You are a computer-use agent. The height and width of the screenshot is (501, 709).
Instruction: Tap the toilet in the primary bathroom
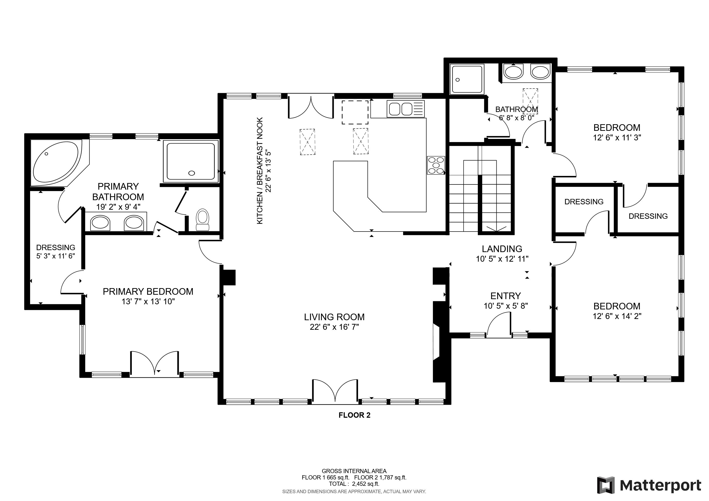point(203,220)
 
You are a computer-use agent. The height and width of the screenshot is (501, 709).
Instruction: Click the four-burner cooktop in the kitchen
point(436,166)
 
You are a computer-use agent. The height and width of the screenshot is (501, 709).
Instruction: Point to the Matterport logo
point(649,485)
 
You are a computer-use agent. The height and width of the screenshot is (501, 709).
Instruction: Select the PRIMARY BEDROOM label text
point(148,291)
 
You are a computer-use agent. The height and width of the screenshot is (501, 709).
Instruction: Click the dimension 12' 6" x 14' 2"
point(617,316)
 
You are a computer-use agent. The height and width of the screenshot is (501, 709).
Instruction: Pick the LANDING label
point(502,249)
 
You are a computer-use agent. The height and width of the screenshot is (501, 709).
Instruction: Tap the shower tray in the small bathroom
point(467,79)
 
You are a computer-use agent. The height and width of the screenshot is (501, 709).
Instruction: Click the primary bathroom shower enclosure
point(191,161)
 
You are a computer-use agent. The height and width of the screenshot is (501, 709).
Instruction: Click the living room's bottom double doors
point(335,391)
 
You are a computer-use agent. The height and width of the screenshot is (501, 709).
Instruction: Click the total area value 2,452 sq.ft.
point(366,484)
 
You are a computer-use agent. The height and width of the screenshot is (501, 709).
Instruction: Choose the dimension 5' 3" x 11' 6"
point(56,256)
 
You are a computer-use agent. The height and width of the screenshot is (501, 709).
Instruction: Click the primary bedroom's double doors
point(154,364)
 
